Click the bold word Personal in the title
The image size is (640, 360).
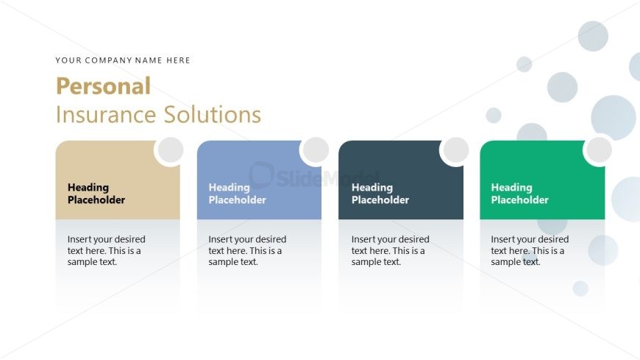click(103, 86)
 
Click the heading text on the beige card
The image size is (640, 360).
click(96, 194)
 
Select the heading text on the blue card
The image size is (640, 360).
click(237, 194)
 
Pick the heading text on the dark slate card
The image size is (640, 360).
click(380, 194)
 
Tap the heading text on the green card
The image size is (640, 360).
click(519, 194)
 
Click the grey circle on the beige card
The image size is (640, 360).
click(171, 150)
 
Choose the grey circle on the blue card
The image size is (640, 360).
click(316, 150)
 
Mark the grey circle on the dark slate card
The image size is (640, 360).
click(456, 150)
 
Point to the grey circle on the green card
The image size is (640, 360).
click(599, 150)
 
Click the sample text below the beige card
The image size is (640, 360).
click(106, 250)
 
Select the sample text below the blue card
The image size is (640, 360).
click(247, 250)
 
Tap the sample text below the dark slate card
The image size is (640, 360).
click(390, 250)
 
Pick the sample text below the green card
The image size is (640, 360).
click(530, 250)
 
